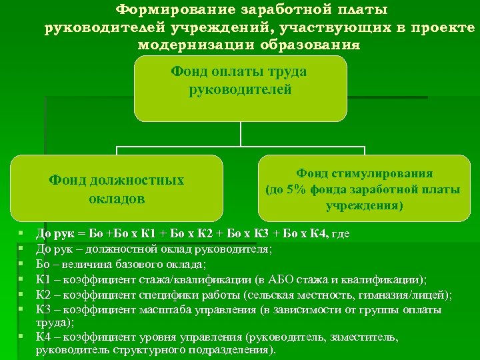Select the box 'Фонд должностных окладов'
[117, 189]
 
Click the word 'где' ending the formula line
[340, 233]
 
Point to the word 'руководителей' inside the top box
[239, 89]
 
